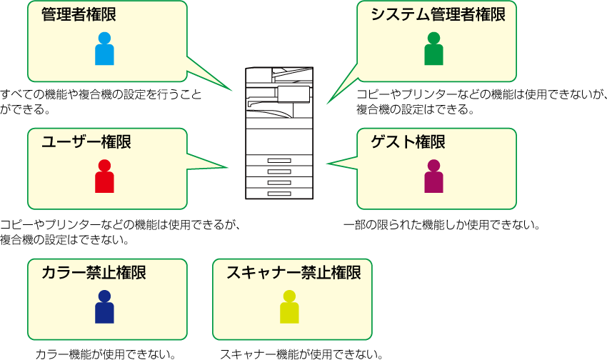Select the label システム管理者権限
coord(438,14)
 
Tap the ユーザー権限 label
coord(86,142)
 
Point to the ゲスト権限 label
coord(408,142)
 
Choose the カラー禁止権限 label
coord(94,272)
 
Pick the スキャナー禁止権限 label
coord(294,272)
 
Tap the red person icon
coord(104,176)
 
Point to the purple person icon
coord(433,176)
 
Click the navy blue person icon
coord(104,307)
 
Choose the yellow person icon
coord(289,307)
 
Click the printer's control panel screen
coord(294,94)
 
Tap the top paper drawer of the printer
coord(279,161)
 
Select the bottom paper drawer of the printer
coord(279,193)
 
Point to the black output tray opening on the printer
coord(269,110)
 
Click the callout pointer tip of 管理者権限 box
coord(231,91)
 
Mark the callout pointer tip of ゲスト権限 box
coord(328,164)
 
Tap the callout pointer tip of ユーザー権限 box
coord(227,168)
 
